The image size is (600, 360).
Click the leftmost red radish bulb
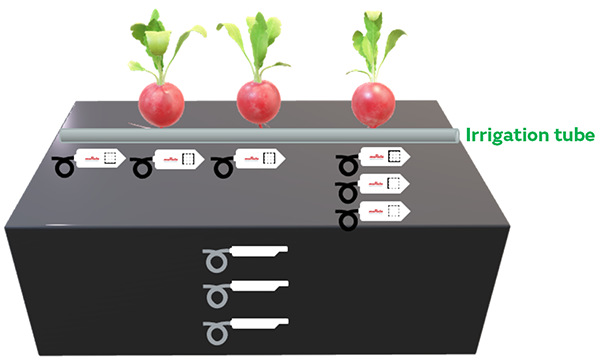coord(161,103)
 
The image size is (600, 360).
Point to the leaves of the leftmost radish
coord(160,45)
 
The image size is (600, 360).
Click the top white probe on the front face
coord(258,251)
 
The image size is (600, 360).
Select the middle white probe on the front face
coord(258,288)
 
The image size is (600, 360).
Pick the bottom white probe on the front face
coord(258,324)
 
